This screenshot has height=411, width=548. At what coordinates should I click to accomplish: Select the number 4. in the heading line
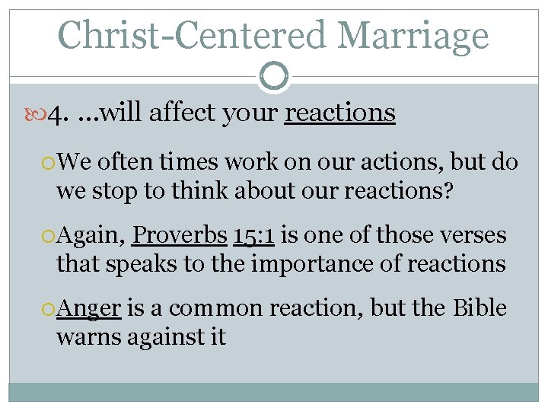pos(58,114)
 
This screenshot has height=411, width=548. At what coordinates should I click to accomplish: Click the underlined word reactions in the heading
pos(339,113)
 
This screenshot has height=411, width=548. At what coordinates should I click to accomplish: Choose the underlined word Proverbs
pos(180,236)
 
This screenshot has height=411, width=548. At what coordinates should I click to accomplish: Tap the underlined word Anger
pos(90,308)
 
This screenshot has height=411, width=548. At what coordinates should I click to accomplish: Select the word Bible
pos(479,308)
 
